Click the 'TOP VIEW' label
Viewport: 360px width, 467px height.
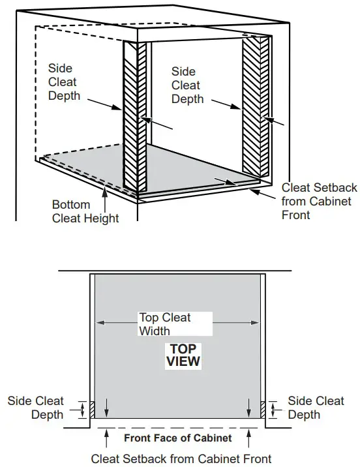(183, 354)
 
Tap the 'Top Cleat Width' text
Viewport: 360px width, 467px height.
(164, 324)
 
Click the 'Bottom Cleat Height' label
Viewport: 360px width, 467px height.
(85, 211)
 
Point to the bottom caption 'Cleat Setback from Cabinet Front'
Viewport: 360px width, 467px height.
(181, 458)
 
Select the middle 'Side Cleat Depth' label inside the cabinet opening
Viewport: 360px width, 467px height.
(188, 85)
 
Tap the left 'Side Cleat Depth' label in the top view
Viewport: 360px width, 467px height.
(36, 408)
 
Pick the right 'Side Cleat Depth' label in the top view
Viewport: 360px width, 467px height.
(316, 408)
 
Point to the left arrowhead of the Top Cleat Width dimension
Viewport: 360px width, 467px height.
(99, 322)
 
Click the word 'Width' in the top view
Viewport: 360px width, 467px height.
(155, 331)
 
